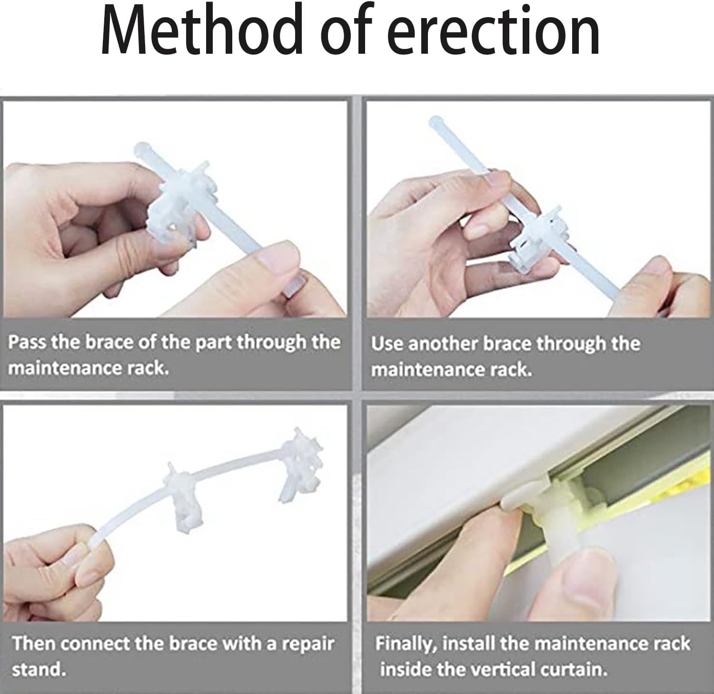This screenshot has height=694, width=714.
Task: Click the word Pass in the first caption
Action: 28,342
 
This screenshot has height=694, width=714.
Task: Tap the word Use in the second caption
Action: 387,343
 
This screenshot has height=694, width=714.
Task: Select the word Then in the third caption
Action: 34,644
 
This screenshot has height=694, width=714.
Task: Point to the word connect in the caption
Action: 96,644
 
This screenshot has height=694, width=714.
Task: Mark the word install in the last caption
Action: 469,644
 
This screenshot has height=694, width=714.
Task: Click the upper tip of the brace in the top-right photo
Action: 435,119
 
